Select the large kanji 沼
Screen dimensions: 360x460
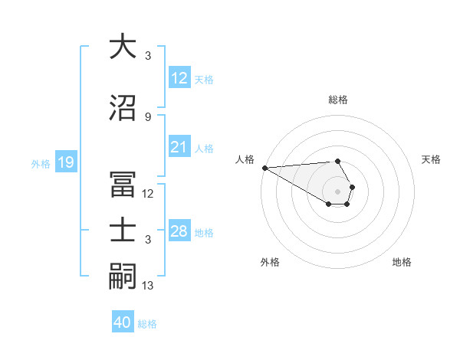[x=123, y=107]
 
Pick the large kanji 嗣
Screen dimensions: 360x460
[x=123, y=277]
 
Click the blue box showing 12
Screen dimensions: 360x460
[x=179, y=78]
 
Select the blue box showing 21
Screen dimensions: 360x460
[x=179, y=148]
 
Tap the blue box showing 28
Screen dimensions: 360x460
[x=179, y=231]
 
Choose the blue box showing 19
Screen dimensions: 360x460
[x=65, y=162]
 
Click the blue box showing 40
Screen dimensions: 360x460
[x=123, y=322]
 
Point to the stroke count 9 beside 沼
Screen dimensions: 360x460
[x=147, y=116]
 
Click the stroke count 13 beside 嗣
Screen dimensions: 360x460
[x=148, y=286]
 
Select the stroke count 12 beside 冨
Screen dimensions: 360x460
[x=148, y=194]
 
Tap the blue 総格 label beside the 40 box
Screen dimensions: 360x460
[x=148, y=324]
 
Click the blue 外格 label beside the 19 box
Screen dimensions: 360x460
[x=40, y=163]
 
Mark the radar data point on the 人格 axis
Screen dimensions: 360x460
[x=264, y=168]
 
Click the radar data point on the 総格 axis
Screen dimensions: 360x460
[x=337, y=161]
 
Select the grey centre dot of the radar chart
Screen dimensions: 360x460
[x=337, y=191]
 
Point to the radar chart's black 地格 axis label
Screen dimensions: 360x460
[x=402, y=262]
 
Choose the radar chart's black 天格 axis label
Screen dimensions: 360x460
[x=431, y=159]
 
